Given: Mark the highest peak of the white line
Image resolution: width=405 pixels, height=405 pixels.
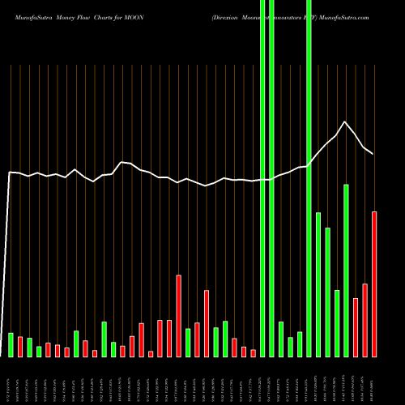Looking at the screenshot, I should coord(346,122).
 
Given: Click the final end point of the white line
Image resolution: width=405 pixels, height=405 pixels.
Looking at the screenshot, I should coord(373,153).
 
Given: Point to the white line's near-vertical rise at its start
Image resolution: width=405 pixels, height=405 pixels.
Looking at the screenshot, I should coord(8,259).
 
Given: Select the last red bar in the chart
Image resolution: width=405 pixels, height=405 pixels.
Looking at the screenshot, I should coord(374,283).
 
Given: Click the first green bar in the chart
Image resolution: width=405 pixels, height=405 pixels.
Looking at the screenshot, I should coord(11,344).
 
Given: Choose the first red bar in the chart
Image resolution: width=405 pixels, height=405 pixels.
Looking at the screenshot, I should coord(20,347).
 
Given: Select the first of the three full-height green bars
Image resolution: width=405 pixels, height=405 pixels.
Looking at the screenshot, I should coord(262,178).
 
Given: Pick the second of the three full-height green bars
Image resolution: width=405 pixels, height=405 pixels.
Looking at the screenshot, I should coord(271,178).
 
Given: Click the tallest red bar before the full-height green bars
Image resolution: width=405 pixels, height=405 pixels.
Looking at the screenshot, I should coord(178,316).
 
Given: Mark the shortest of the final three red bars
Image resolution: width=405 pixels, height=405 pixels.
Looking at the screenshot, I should coord(356,327).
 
